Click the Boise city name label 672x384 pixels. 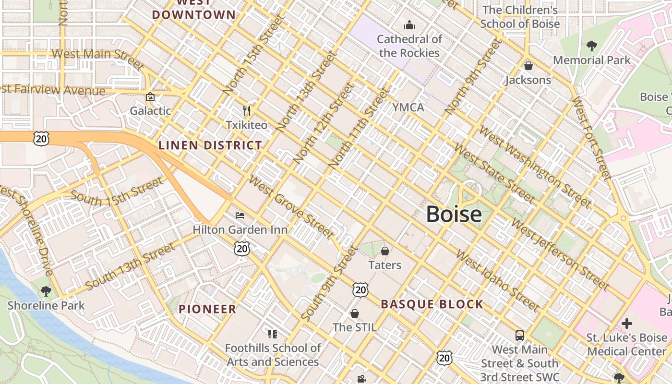[454, 214]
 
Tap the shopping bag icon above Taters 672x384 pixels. [384, 251]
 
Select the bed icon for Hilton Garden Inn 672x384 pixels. [240, 216]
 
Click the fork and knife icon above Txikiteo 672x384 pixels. [247, 111]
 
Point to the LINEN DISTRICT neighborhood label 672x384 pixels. [210, 145]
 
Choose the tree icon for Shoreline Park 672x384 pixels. [46, 291]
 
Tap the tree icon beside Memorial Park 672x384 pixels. [591, 46]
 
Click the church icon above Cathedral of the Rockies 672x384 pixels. [409, 24]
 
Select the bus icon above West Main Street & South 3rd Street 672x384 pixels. [519, 335]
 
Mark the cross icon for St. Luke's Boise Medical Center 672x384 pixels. [626, 323]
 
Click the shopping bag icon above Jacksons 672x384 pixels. [528, 66]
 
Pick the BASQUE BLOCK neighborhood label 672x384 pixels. [432, 304]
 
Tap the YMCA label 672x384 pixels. [408, 108]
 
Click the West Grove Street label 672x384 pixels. [291, 207]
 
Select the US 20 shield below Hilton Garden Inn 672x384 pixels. [242, 248]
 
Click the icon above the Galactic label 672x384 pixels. [150, 96]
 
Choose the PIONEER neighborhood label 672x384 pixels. [207, 309]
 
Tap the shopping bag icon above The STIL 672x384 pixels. [354, 313]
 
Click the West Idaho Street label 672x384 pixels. [497, 280]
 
